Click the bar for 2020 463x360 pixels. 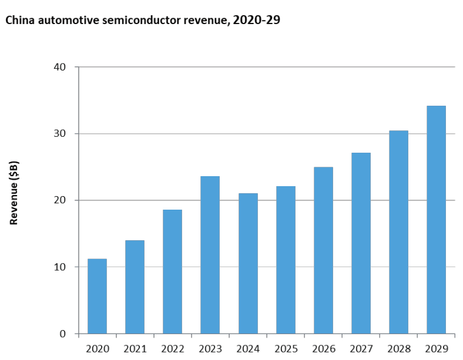click(x=97, y=296)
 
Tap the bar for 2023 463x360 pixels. click(x=210, y=255)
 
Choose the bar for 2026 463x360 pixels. click(x=323, y=250)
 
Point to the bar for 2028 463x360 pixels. click(x=398, y=232)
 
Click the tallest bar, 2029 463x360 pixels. click(x=436, y=220)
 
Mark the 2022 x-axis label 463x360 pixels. click(x=172, y=349)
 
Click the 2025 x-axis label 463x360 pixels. click(x=286, y=349)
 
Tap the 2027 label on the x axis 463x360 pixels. click(x=361, y=349)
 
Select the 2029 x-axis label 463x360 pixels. click(x=436, y=349)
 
